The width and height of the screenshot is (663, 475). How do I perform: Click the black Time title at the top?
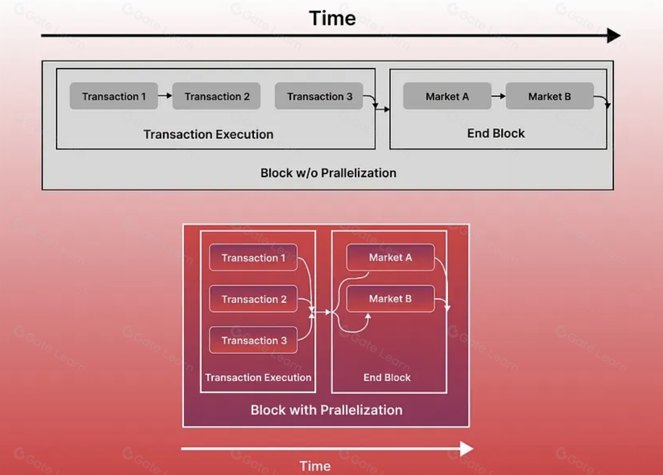332,19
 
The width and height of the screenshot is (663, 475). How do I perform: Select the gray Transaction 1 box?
114,96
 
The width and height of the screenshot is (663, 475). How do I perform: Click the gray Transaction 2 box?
216,96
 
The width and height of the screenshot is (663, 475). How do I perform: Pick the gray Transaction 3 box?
319,96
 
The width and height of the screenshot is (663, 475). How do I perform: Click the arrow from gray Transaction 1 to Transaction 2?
165,96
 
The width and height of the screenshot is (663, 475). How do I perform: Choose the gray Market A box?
447,96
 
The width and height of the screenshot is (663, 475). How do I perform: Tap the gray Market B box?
549,96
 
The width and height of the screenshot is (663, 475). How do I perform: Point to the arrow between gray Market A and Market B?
498,96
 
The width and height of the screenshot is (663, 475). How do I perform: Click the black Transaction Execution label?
208,135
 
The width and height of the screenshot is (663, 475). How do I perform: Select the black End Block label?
496,134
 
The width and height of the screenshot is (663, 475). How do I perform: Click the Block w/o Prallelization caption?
328,173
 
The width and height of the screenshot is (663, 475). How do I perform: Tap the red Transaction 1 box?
253,258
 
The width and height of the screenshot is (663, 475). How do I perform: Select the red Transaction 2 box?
253,299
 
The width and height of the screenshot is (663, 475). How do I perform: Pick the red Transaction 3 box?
253,340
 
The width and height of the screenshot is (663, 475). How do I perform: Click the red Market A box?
390,257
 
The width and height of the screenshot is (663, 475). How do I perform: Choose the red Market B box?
390,299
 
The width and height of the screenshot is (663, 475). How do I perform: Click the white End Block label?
387,377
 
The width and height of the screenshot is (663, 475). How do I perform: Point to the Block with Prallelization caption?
326,410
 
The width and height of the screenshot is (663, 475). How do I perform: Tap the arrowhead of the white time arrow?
466,448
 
